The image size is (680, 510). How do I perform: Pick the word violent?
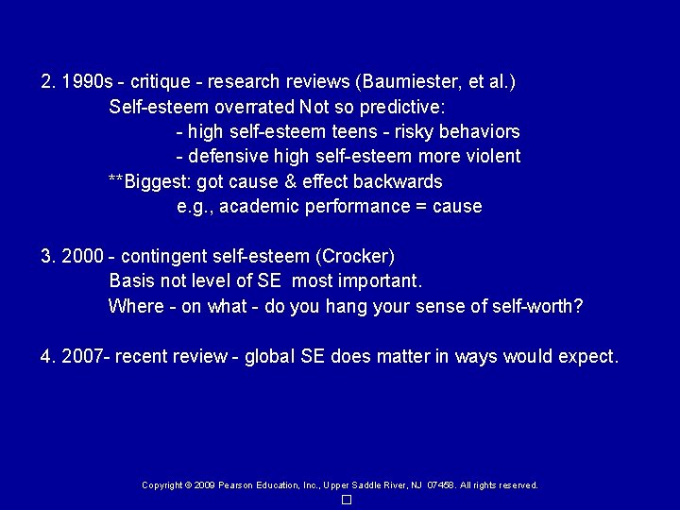coord(493,156)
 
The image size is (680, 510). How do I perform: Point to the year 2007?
coord(80,357)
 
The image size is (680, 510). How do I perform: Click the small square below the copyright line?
coord(347,499)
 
